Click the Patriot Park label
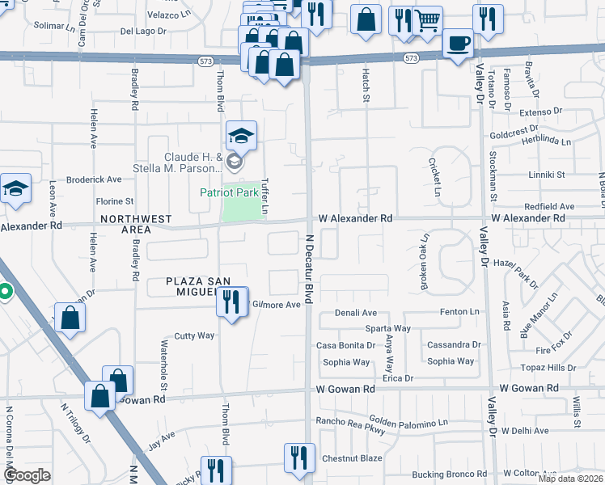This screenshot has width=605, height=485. (230, 192)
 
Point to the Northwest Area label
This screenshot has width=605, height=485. (136, 225)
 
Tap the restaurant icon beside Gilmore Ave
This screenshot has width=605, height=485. (232, 303)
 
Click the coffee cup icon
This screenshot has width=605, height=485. (459, 43)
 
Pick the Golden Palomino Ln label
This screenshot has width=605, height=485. (408, 422)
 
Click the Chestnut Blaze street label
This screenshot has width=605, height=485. (352, 458)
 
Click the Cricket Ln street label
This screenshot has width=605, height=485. (434, 176)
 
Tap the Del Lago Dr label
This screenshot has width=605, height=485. (142, 32)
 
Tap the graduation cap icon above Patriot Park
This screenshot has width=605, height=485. (241, 137)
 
